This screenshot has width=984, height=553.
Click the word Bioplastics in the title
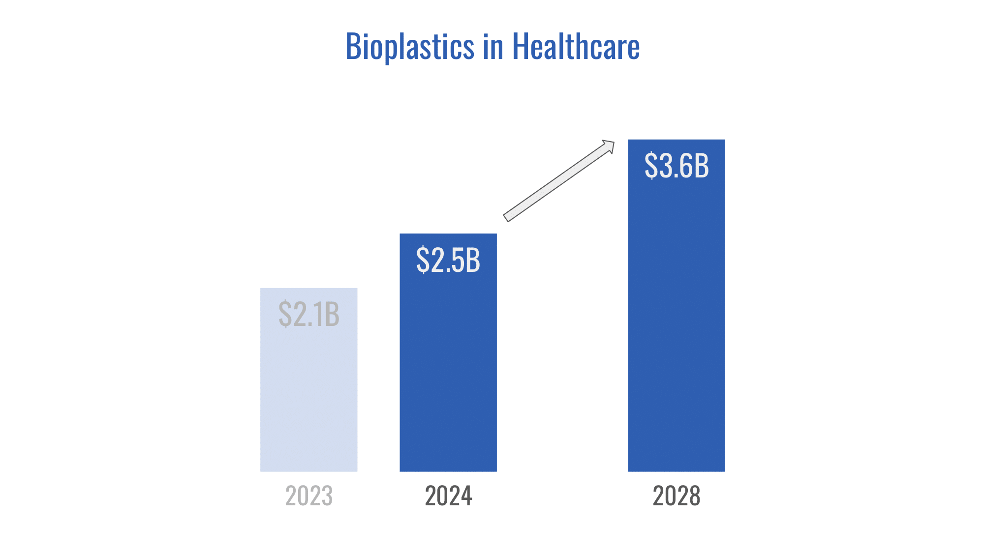tap(410, 47)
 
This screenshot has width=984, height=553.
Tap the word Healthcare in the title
tap(576, 47)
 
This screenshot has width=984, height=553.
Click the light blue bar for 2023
tap(308, 393)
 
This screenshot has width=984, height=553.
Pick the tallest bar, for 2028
tap(676, 320)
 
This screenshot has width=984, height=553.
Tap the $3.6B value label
tap(676, 166)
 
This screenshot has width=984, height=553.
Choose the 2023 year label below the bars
tap(308, 495)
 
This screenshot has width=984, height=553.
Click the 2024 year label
tap(448, 495)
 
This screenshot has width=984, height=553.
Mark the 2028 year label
tap(676, 495)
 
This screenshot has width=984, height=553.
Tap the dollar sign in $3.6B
tap(650, 166)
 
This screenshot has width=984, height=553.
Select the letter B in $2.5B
tap(473, 260)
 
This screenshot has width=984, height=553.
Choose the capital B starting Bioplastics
tap(353, 47)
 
